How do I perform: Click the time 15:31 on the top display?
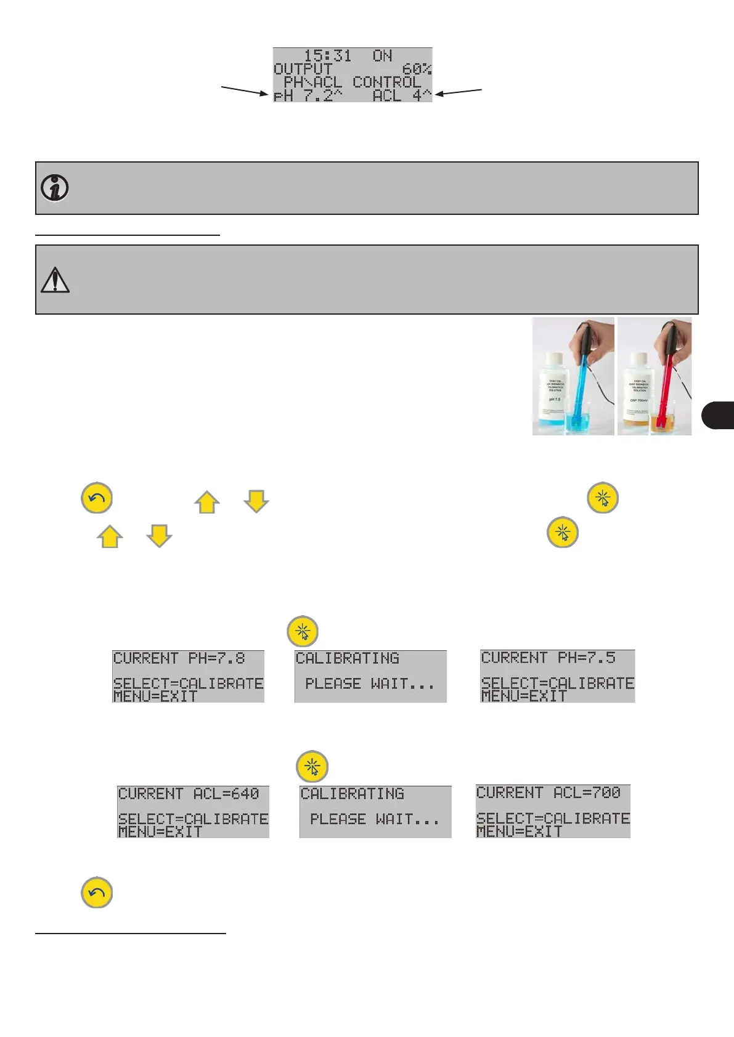click(x=327, y=56)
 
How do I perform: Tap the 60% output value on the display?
click(x=417, y=69)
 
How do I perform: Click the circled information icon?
click(x=55, y=188)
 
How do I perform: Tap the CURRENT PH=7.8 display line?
click(x=179, y=658)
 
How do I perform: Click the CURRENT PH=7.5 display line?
click(x=548, y=658)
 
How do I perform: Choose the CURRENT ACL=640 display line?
click(x=189, y=794)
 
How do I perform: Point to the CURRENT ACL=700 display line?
click(x=548, y=793)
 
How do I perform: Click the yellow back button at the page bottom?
click(x=97, y=892)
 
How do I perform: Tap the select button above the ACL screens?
click(x=312, y=767)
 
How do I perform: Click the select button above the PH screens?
click(x=303, y=631)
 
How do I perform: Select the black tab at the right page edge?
click(x=718, y=414)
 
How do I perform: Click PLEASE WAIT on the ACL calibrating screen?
click(x=374, y=819)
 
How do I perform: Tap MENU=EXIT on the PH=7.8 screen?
click(x=155, y=696)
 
